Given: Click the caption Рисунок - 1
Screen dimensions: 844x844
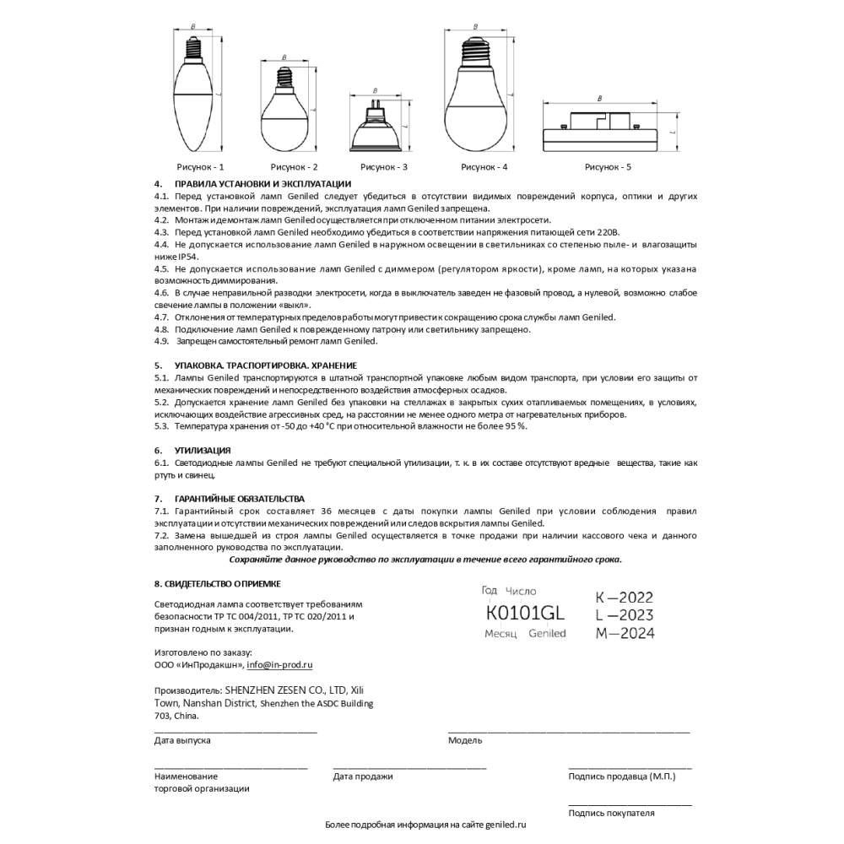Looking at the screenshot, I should click(200, 166).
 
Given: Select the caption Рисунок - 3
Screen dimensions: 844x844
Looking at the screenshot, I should click(384, 166).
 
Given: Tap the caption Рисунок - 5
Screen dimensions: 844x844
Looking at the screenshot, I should click(608, 166).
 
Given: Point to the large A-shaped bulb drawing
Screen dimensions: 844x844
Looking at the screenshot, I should click(473, 93).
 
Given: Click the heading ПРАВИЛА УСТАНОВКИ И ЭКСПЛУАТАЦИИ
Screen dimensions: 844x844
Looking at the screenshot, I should click(262, 184).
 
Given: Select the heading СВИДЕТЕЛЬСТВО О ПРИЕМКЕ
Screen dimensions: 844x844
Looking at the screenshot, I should click(224, 583).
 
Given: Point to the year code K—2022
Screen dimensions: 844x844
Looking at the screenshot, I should click(624, 597).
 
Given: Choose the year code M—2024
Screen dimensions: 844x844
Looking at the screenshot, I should click(624, 633).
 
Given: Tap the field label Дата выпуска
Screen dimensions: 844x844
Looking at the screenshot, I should click(182, 740).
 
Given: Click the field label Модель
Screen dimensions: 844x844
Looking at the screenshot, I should click(465, 740).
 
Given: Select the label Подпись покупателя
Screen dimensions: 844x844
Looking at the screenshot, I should click(612, 814).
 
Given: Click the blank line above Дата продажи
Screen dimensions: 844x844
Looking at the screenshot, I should click(409, 766).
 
